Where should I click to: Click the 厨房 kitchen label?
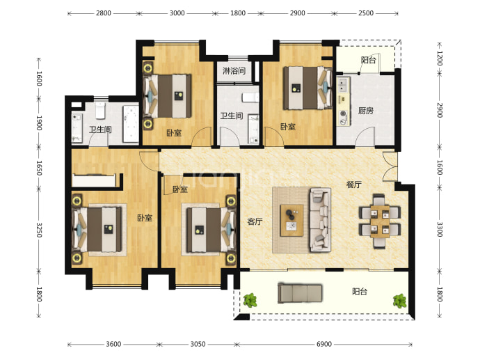point(366,111)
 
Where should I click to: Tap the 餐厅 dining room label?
point(354,185)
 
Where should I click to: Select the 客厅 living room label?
point(255,221)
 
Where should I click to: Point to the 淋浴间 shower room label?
point(234,71)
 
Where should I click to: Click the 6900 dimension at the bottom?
point(324,344)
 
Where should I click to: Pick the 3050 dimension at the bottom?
point(198,344)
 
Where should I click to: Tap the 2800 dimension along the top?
point(104,13)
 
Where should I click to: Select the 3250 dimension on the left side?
point(39,230)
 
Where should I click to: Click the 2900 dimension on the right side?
point(440,110)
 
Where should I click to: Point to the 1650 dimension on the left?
point(39,168)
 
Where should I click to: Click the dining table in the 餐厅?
point(380,221)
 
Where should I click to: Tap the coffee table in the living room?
point(292,220)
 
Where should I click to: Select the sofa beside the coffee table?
point(320,219)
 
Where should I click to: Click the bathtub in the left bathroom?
point(131,124)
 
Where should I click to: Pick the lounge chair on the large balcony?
point(300,293)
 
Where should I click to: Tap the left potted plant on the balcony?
point(250,300)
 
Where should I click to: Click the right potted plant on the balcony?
point(400,301)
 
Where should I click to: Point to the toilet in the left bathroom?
point(100,110)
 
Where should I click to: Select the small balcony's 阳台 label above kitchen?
point(368,60)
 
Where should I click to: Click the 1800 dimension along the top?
point(238,13)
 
